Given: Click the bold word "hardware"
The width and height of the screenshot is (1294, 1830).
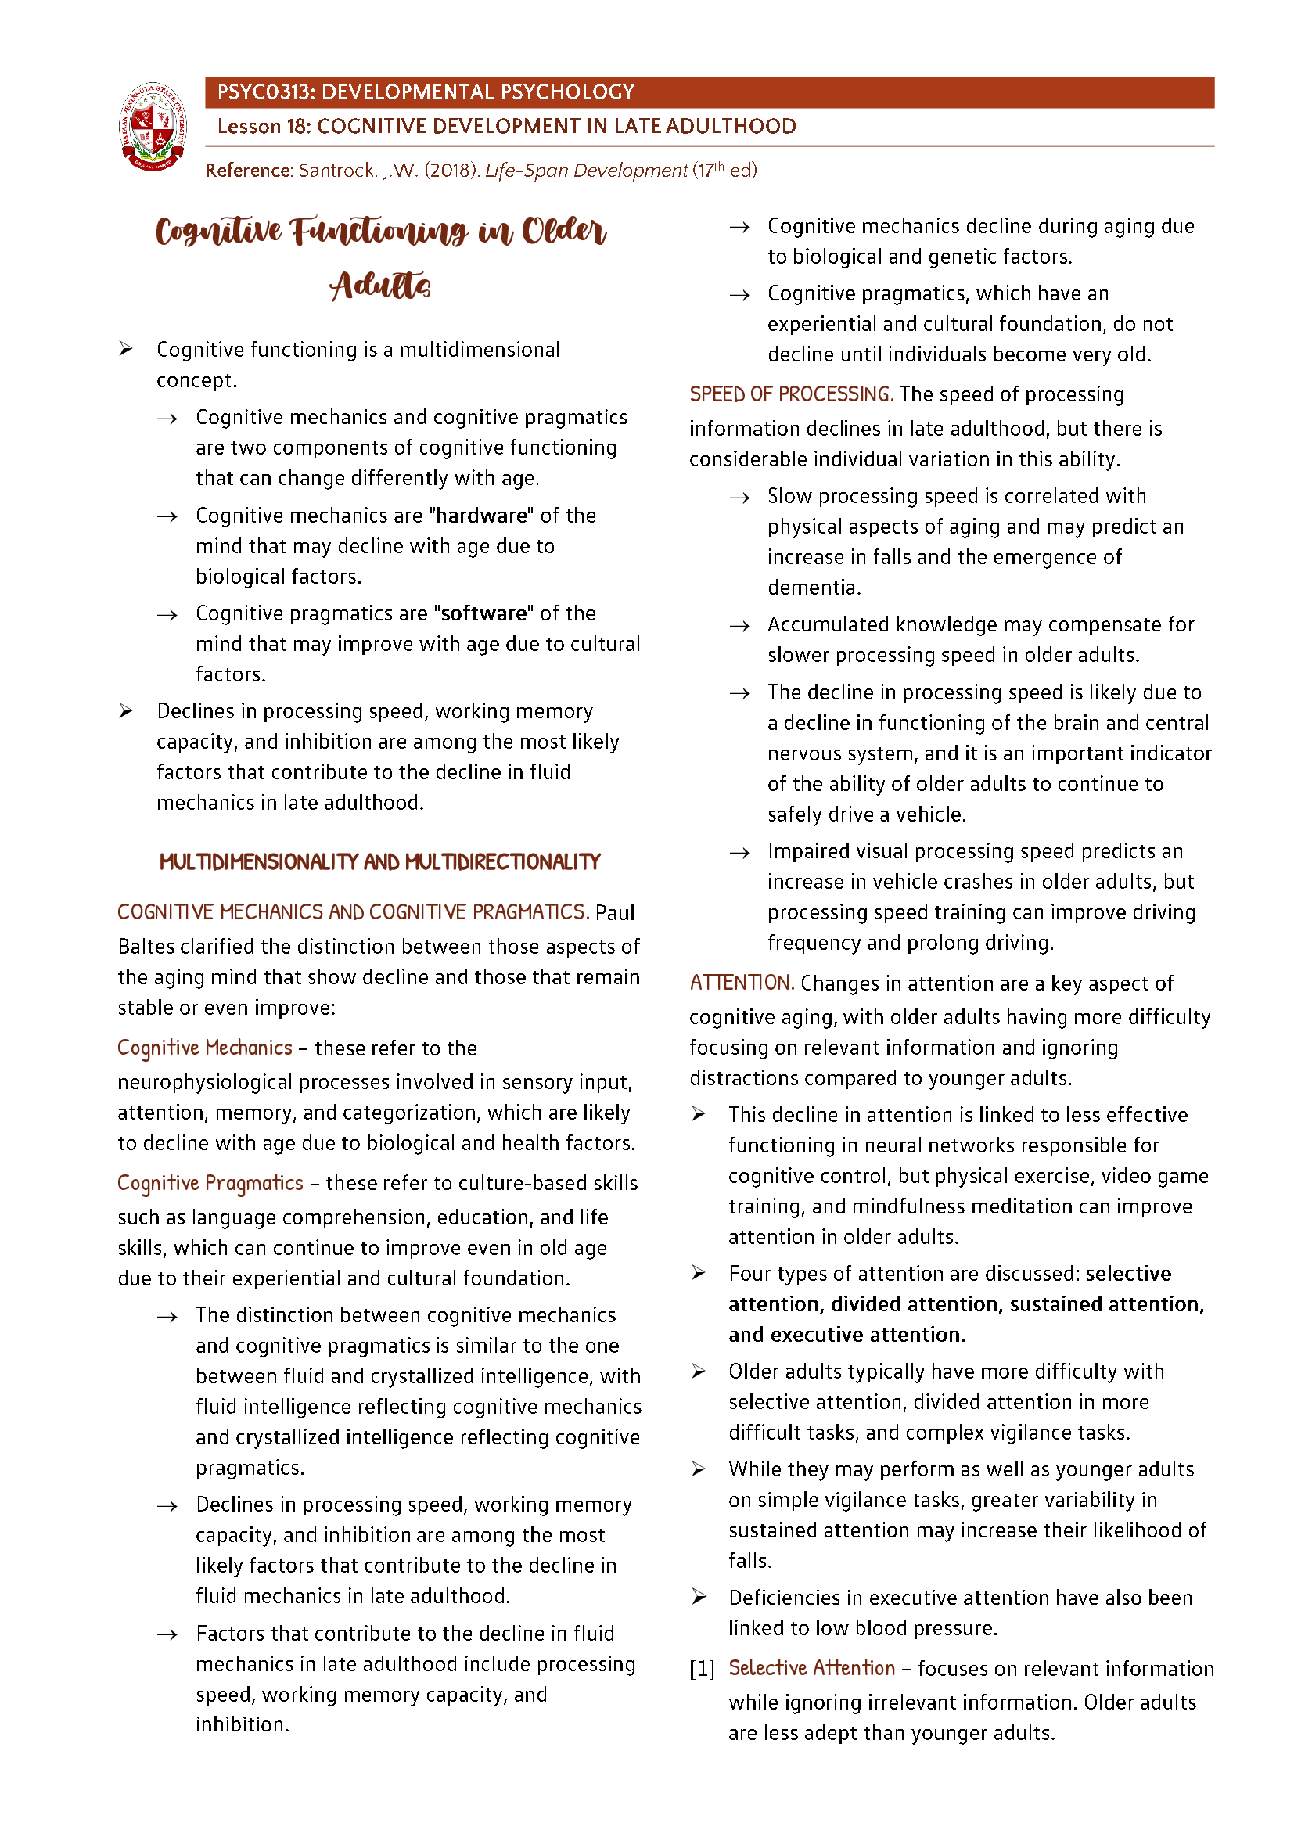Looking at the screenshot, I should click(x=482, y=516).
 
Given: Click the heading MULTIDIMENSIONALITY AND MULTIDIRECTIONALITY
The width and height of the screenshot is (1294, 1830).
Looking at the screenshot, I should click(x=379, y=862).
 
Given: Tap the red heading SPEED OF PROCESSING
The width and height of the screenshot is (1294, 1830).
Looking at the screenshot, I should click(x=790, y=394).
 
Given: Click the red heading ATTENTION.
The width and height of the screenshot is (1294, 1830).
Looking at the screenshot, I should click(x=741, y=983).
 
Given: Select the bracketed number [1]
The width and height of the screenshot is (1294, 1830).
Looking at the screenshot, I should click(x=702, y=1669).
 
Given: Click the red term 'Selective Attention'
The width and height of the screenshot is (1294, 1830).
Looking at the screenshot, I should click(x=811, y=1668).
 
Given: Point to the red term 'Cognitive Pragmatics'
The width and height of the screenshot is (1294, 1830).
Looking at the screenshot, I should click(x=210, y=1184).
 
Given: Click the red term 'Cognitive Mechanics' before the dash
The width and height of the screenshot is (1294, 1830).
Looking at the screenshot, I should click(x=205, y=1048).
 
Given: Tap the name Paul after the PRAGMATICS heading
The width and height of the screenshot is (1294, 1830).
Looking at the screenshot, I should click(x=614, y=912).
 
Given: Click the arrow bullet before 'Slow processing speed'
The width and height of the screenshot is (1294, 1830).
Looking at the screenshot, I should click(x=739, y=498).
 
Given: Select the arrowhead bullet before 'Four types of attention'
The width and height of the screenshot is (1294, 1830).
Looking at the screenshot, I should click(x=699, y=1274).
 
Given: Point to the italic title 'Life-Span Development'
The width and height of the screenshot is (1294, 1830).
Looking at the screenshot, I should click(x=586, y=171).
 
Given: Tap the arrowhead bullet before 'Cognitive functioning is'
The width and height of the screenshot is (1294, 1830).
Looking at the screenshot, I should click(x=126, y=349).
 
